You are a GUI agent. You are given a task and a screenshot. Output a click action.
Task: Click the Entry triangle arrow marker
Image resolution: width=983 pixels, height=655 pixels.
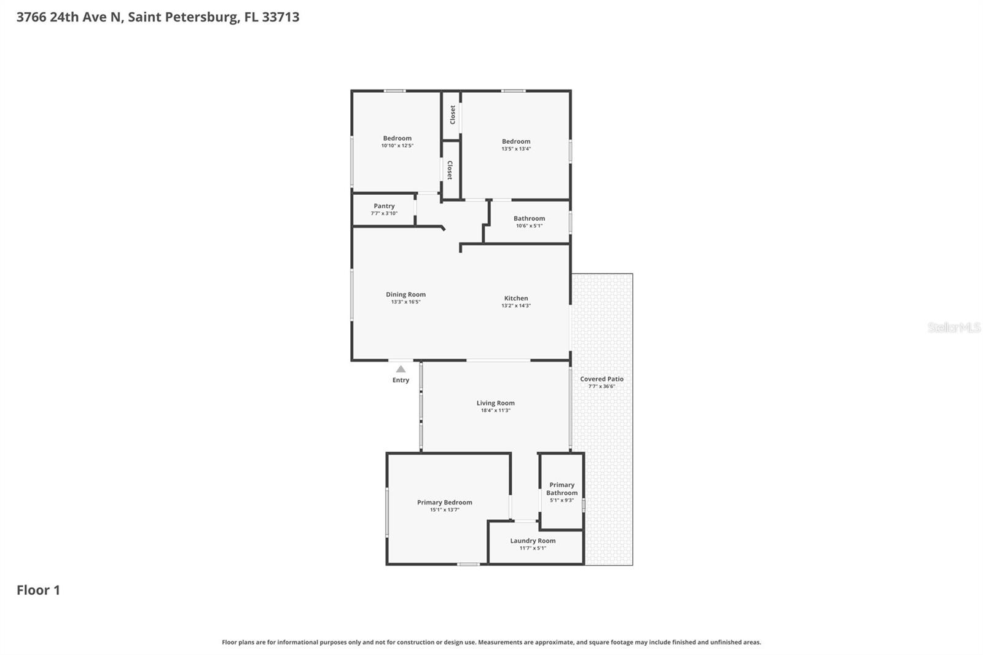point(401,369)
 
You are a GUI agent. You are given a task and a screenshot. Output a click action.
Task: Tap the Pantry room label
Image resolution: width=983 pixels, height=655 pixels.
point(384,206)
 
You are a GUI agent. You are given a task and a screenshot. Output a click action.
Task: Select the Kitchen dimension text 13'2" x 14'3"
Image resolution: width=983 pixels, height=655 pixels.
point(515,306)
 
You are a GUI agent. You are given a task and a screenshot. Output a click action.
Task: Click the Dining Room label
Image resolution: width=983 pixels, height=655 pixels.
point(405,294)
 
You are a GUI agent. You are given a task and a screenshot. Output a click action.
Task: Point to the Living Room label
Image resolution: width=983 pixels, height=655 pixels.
point(495,403)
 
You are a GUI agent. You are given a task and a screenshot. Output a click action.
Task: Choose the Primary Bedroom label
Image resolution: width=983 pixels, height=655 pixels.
point(444,503)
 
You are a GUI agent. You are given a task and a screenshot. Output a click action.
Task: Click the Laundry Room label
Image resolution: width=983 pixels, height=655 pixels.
point(533,541)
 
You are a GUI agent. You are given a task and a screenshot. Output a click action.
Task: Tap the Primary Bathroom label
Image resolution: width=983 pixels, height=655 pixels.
point(562,488)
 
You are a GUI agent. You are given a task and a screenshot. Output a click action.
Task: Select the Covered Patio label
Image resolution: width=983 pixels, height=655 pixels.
point(601,379)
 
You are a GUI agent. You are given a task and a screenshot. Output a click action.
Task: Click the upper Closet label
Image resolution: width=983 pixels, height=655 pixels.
point(453,114)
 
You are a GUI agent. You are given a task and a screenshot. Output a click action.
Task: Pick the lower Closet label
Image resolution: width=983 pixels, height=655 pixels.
point(450,170)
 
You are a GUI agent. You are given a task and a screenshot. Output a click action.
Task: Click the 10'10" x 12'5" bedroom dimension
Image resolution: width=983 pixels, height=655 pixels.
point(397,146)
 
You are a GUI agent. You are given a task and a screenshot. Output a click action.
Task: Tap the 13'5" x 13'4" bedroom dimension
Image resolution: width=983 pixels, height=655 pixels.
point(515,149)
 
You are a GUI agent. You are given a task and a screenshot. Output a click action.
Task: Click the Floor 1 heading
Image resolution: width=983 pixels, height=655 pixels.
point(38,590)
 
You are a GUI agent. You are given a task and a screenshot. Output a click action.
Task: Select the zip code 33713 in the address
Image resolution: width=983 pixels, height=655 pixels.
point(281,17)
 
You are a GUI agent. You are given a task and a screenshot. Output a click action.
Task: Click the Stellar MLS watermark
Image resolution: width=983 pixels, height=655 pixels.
point(954,327)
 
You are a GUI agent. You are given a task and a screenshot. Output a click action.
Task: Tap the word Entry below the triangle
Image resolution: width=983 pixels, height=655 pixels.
point(401,380)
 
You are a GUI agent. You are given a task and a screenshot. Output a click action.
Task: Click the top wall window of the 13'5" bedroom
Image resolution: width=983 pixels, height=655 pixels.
point(513,91)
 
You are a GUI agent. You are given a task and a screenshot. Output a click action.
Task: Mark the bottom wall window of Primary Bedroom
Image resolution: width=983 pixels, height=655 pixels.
point(468,563)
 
